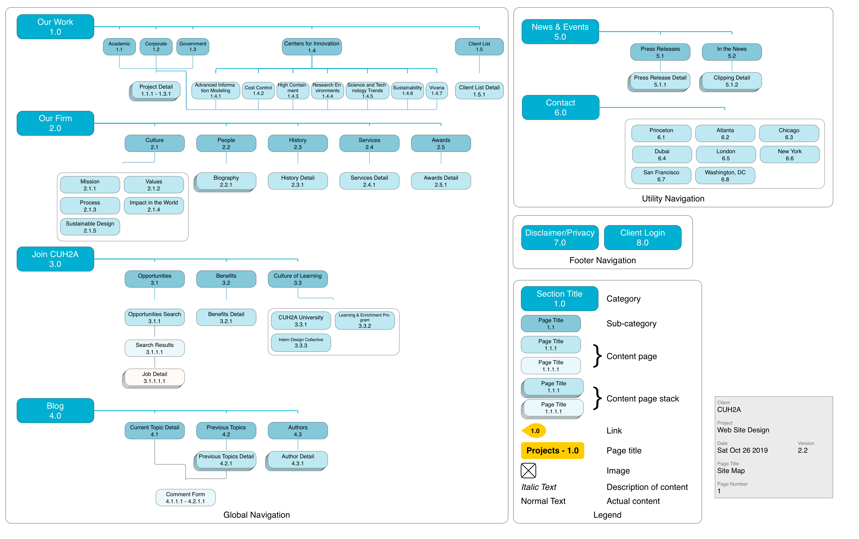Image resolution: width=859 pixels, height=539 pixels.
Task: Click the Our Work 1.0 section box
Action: coord(55,27)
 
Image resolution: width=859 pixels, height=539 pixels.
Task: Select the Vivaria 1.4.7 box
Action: coord(436,91)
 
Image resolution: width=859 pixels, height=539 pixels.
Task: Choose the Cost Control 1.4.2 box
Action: coord(258,91)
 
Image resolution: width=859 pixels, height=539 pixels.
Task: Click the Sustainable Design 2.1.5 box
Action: coord(90,227)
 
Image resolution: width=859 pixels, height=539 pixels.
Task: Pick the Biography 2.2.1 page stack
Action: coord(226,181)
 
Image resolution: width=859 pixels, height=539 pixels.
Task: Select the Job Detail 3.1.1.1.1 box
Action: coord(154,377)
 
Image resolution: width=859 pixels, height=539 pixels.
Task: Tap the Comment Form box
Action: coord(185,497)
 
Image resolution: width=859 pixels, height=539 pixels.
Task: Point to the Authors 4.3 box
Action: coord(298,431)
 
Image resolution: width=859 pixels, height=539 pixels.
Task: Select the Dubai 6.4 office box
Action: coord(662,155)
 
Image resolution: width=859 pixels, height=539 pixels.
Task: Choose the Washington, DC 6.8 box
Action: coord(725,176)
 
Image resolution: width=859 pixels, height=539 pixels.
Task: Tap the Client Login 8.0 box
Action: coord(642,237)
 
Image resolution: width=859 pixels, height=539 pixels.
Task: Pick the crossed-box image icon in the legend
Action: coord(528,470)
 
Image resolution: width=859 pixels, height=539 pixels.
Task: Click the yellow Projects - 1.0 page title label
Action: coord(552,451)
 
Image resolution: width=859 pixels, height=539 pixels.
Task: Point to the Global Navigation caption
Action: coord(256,515)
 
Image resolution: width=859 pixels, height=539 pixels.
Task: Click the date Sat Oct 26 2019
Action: coord(742,450)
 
